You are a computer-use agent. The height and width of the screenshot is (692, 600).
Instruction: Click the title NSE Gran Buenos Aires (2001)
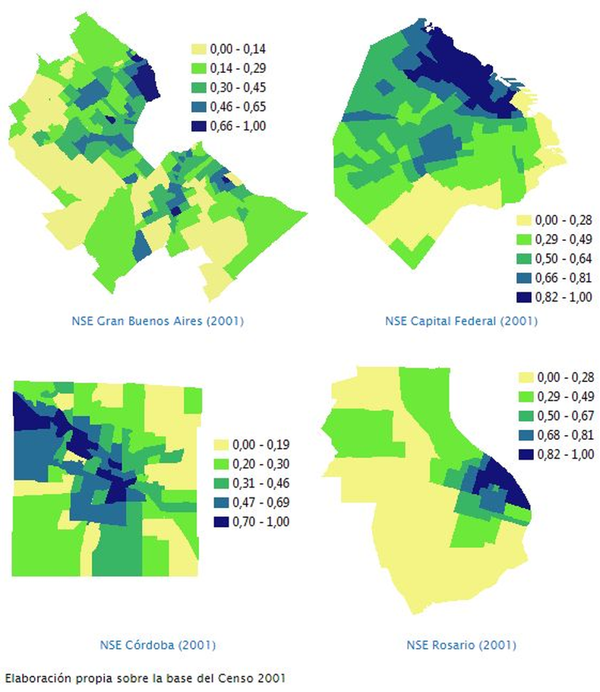pos(157,321)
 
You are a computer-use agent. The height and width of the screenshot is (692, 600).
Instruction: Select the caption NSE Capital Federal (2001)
pos(461,321)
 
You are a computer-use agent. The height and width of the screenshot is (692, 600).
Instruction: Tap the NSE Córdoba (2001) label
pos(157,645)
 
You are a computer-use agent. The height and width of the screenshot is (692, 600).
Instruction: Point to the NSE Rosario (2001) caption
pos(461,645)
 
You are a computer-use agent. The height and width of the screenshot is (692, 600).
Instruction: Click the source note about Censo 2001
pos(145,678)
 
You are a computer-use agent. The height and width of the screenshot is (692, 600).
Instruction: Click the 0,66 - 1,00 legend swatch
pos(199,126)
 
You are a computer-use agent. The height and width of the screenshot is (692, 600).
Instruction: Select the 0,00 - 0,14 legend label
pos(238,49)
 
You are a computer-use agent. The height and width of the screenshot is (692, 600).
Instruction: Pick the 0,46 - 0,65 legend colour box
pos(199,107)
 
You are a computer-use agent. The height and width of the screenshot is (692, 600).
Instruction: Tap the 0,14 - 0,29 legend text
pos(238,68)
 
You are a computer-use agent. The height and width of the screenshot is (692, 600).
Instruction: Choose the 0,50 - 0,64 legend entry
pos(554,258)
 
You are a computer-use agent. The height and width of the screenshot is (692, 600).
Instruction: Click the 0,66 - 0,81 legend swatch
pos(524,277)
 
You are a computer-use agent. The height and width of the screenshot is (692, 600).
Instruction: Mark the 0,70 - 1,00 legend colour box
pos(221,522)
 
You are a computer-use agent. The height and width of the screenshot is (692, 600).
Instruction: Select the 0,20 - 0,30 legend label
pos(261,463)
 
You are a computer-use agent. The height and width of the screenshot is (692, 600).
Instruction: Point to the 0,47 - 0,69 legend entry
pos(251,502)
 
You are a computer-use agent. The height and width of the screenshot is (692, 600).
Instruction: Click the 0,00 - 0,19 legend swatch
pos(221,444)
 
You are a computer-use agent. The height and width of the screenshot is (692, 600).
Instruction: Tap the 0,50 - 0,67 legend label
pos(566,416)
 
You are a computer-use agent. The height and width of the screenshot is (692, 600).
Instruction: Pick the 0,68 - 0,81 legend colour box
pos(526,435)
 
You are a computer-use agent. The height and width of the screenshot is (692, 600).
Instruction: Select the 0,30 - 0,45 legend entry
pos(229,87)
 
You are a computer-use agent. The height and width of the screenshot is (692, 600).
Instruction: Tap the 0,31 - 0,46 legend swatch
pos(221,483)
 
